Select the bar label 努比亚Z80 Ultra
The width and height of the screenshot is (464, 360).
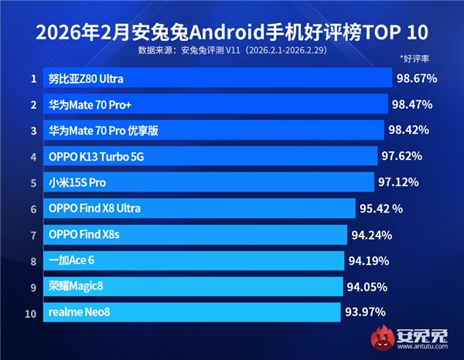85,79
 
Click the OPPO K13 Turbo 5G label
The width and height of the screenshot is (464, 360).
96,157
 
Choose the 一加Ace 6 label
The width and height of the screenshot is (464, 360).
71,261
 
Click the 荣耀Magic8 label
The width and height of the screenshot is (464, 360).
75,287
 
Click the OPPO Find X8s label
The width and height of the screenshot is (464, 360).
84,235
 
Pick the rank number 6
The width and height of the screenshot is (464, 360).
33,209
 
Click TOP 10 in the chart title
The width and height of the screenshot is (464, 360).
395,33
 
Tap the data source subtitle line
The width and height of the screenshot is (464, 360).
231,51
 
